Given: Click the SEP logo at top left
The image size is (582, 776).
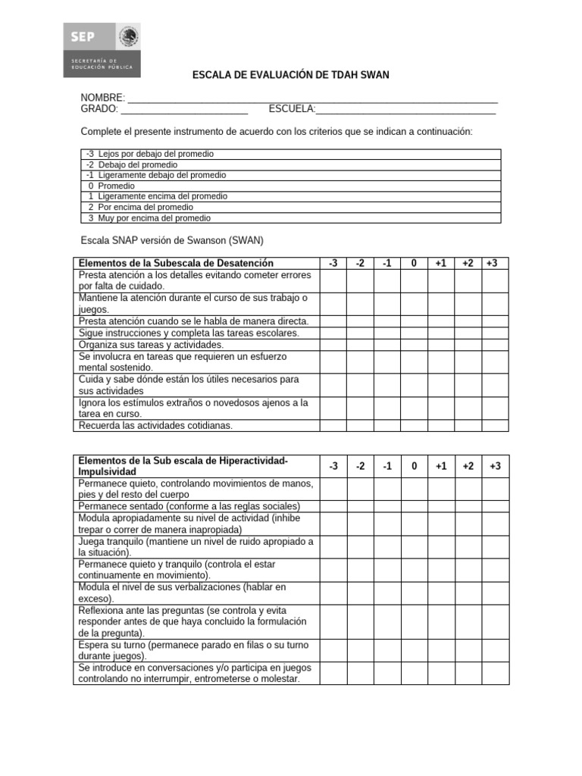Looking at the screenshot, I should click(x=102, y=49).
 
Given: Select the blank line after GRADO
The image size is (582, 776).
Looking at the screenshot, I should click(x=185, y=110).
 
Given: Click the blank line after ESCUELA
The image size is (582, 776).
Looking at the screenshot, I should click(x=405, y=110).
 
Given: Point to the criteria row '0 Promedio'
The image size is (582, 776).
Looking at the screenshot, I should click(x=290, y=186).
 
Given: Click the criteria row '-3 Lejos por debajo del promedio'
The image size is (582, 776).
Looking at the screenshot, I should click(x=290, y=154).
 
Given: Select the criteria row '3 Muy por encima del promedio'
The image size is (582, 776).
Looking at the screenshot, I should click(x=290, y=217).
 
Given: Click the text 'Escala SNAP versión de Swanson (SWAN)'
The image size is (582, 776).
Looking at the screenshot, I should click(x=172, y=240).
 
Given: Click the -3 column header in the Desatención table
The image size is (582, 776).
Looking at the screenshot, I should click(x=333, y=263).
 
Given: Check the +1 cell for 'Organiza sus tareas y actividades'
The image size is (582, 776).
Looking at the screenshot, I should click(x=441, y=344).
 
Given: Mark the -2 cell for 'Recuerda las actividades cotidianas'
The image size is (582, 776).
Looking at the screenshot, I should click(x=360, y=425).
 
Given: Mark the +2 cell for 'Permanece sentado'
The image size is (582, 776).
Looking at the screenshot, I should click(x=468, y=505).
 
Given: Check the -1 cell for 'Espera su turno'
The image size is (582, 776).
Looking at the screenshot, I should click(x=387, y=650).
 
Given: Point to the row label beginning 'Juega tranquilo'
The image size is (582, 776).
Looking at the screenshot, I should click(x=196, y=547).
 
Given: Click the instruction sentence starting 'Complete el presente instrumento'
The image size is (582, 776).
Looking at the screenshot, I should click(x=277, y=132).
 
